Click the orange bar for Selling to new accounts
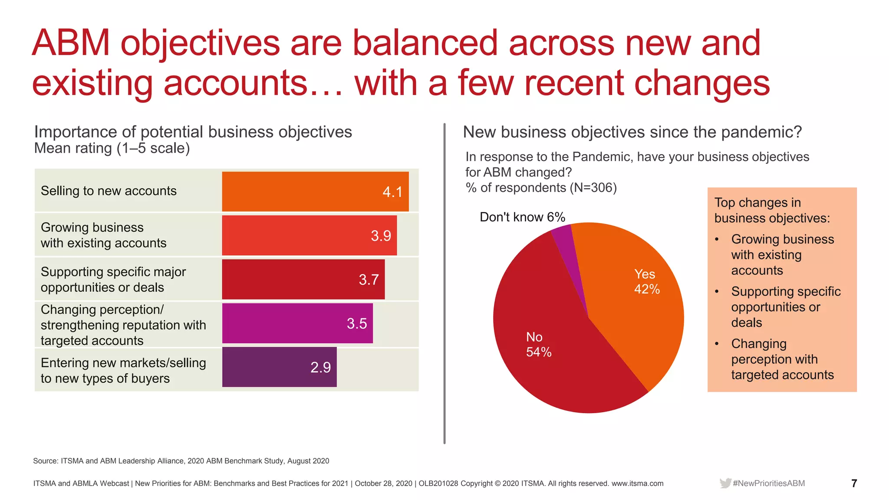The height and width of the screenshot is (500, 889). click(315, 191)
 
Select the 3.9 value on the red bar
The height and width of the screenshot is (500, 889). click(381, 236)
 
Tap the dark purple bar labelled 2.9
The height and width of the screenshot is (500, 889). click(279, 367)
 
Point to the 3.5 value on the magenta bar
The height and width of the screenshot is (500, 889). click(357, 323)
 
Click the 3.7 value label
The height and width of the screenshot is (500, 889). click(369, 280)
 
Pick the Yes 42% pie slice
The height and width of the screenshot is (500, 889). click(638, 299)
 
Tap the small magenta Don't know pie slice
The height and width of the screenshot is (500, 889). click(566, 243)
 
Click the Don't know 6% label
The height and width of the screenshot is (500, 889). click(522, 217)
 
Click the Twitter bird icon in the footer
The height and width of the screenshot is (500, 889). click(725, 483)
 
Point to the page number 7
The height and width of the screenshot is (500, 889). click(854, 483)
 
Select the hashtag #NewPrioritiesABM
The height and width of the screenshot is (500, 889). click(769, 483)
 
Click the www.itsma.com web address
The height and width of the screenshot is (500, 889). click(637, 484)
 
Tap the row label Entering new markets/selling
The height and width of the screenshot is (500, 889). click(123, 363)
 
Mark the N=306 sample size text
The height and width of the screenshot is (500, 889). click(593, 187)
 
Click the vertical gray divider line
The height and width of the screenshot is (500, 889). click(444, 283)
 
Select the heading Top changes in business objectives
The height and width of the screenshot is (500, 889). click(772, 210)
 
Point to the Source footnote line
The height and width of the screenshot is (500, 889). click(181, 461)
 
